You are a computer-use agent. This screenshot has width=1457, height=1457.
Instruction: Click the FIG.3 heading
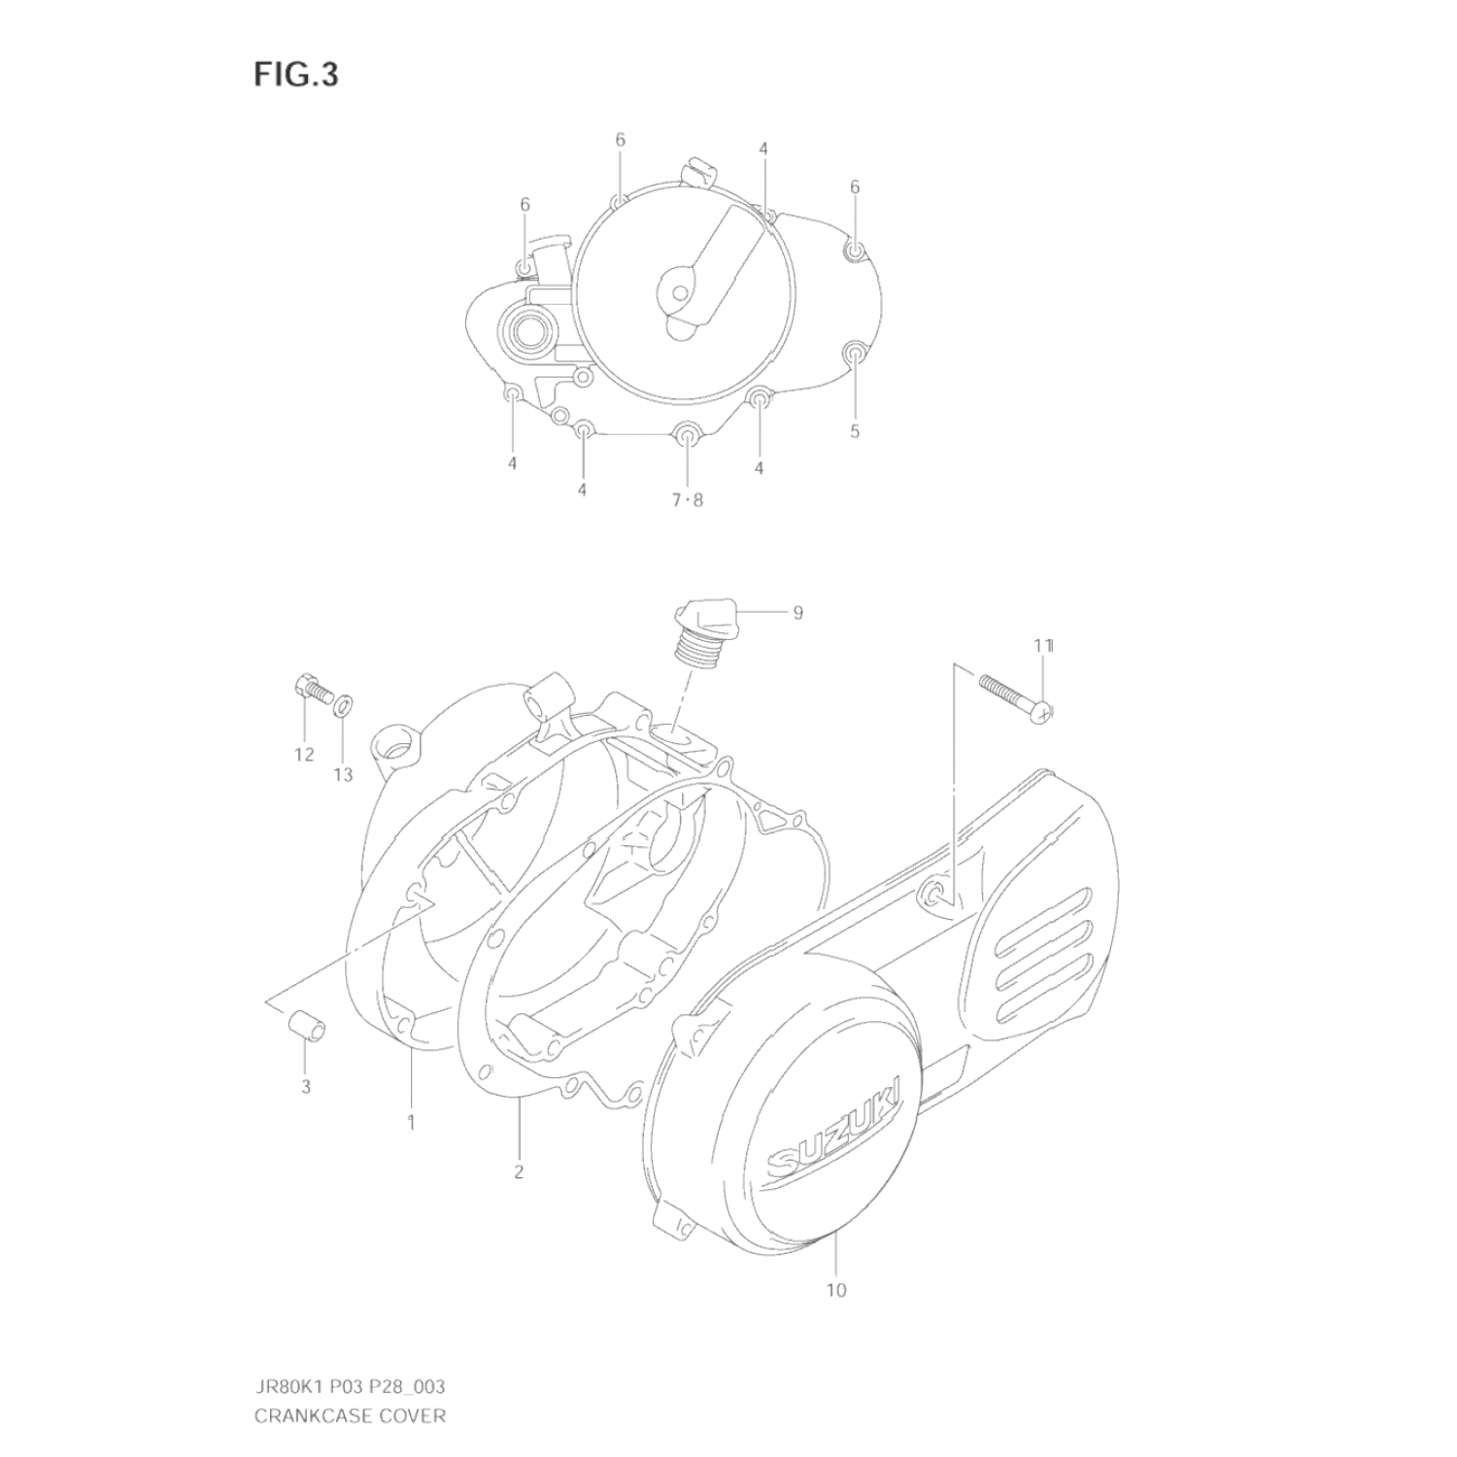click(296, 75)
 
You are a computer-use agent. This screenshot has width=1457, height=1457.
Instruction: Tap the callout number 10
click(836, 1290)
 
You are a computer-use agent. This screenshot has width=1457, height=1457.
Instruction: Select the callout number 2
click(519, 1171)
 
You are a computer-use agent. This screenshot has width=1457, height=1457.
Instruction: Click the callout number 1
click(411, 1123)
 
